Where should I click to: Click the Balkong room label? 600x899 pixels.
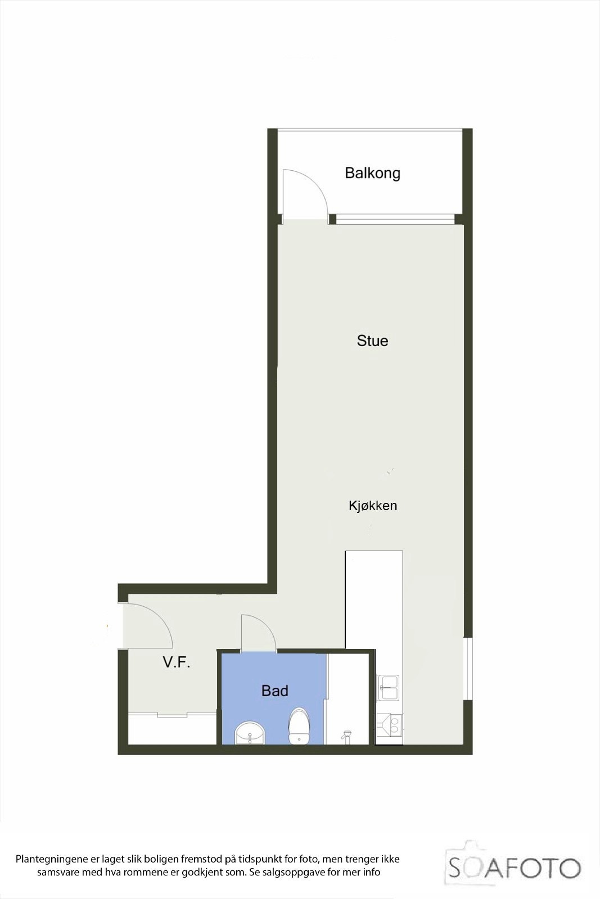point(372,172)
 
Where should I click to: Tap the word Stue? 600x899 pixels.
point(372,341)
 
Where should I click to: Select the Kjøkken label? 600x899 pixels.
point(372,506)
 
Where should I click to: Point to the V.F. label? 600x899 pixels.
point(177,662)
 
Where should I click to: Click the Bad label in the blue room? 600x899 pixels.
point(274,691)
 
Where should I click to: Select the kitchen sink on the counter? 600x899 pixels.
point(389,687)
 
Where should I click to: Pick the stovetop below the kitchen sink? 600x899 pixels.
point(389,724)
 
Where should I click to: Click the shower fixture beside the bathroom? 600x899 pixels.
point(346,734)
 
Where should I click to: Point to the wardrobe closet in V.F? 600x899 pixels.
point(172,729)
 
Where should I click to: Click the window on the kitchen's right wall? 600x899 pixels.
point(468,669)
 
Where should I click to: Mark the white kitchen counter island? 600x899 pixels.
point(374,599)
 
